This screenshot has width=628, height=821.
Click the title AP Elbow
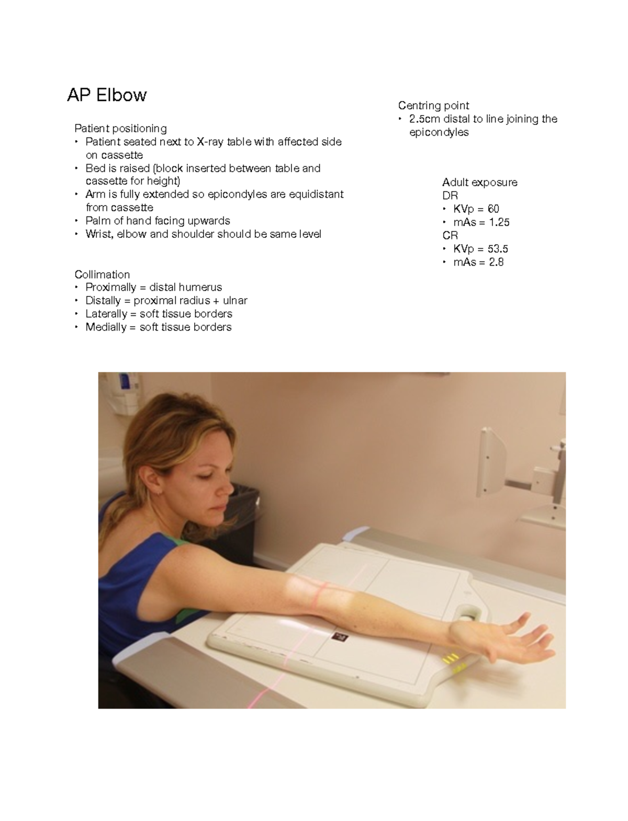(107, 95)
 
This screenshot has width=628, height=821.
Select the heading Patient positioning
(120, 128)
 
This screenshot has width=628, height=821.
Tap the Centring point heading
(433, 106)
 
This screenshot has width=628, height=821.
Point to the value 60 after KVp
(494, 209)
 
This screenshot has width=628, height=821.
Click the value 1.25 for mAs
(499, 222)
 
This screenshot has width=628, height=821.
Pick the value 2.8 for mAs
(496, 262)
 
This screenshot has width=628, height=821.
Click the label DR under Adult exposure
(450, 196)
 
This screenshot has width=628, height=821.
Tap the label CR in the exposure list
(450, 235)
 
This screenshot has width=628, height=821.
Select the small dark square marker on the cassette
(340, 636)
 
